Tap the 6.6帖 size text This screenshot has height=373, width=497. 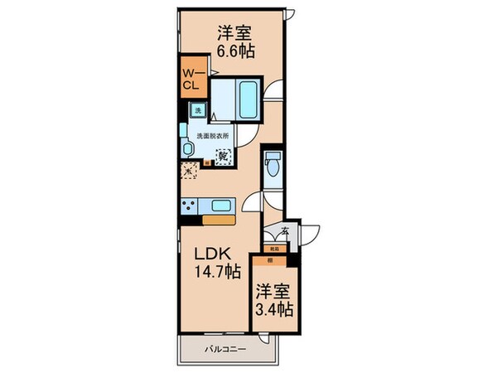click(x=236, y=49)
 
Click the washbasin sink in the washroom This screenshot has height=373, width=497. click(x=188, y=148)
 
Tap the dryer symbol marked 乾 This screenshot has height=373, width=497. click(x=223, y=154)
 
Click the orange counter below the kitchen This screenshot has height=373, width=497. click(x=220, y=220)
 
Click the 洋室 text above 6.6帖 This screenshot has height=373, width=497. click(x=236, y=32)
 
